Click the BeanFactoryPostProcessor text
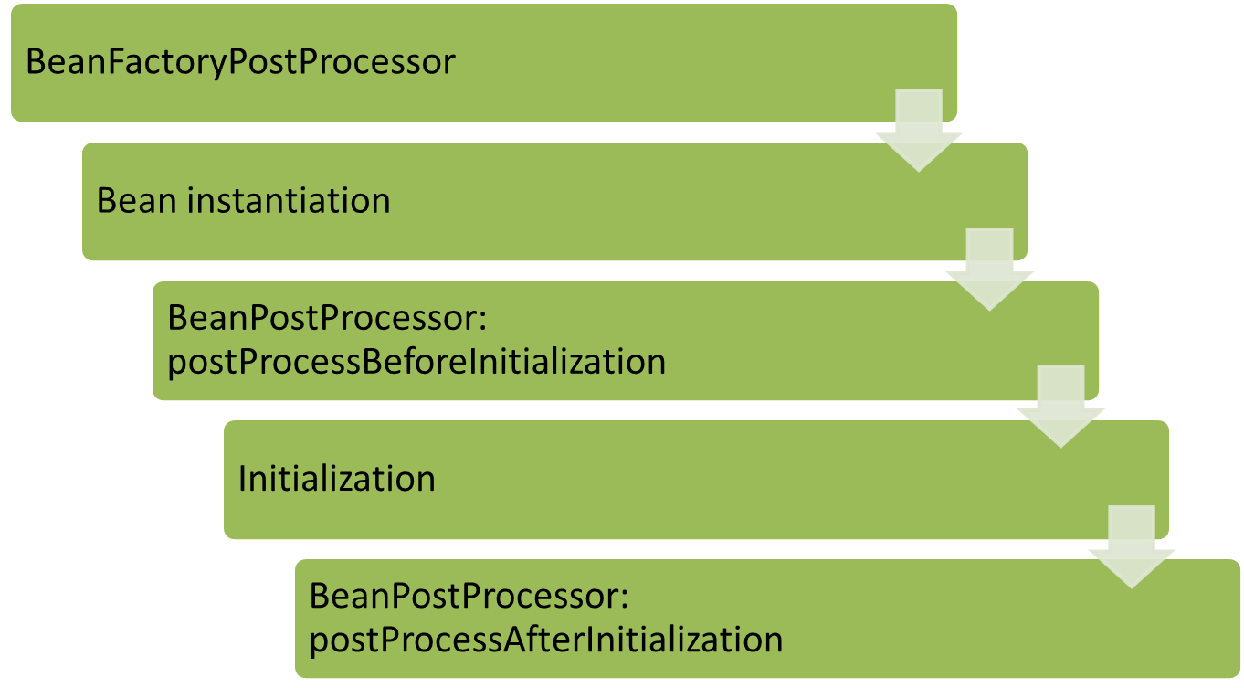click(240, 62)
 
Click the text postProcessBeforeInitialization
click(416, 362)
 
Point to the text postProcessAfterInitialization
click(546, 639)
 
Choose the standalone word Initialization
click(336, 479)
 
